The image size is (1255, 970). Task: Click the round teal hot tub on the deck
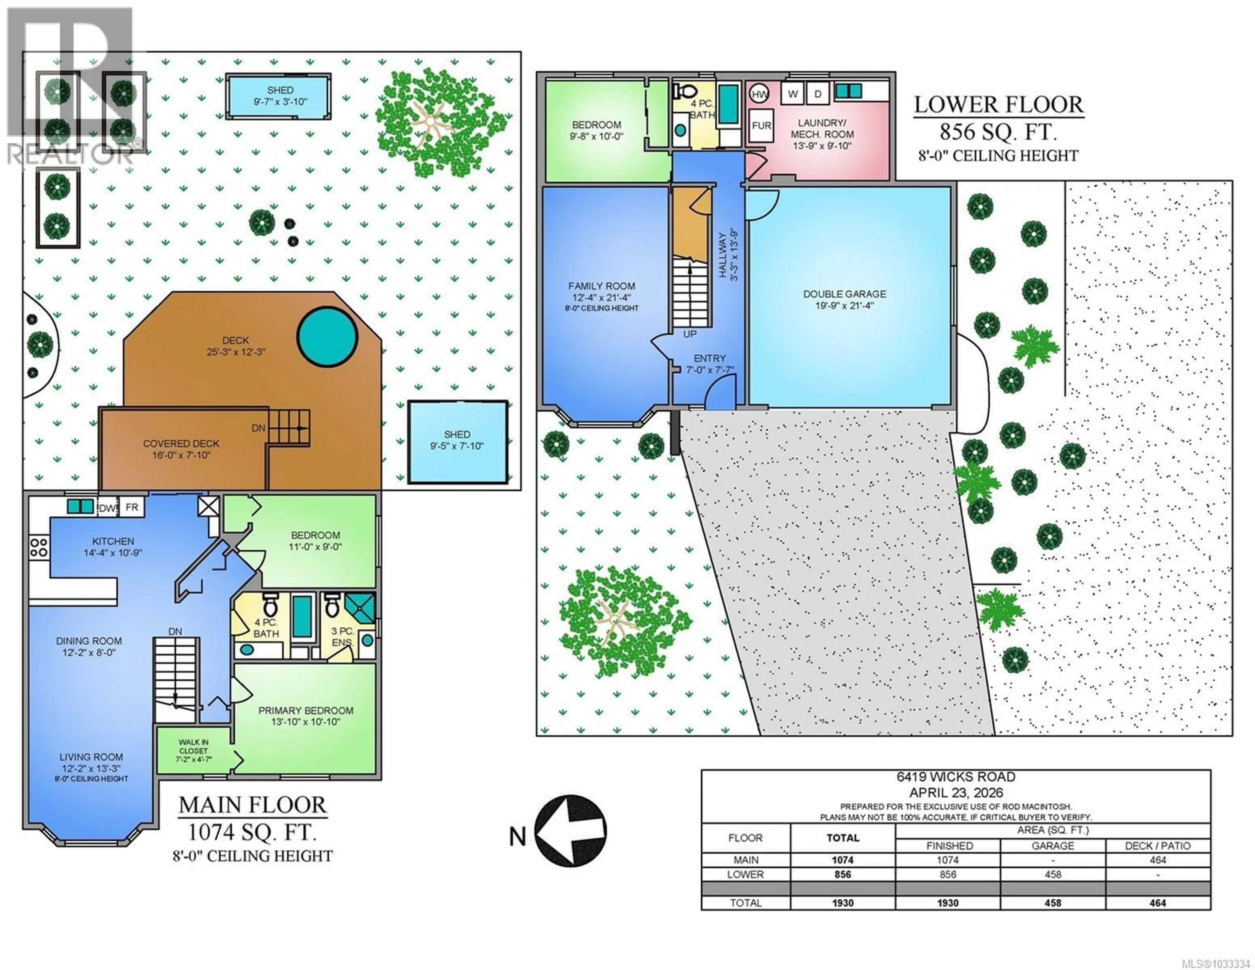(327, 336)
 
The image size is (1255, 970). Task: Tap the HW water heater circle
(759, 94)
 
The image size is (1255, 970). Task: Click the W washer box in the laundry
(793, 94)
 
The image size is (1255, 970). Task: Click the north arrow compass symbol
(571, 831)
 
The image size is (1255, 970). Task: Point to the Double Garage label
(844, 294)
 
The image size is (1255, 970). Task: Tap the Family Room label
(602, 286)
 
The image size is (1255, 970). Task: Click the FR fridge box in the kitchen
(132, 506)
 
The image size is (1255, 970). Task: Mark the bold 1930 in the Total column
(843, 903)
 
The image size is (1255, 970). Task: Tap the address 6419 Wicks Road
(956, 777)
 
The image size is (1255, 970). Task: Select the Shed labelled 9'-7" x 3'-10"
(279, 96)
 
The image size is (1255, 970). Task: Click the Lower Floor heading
(998, 105)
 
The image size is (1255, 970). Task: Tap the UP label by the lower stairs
(690, 334)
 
